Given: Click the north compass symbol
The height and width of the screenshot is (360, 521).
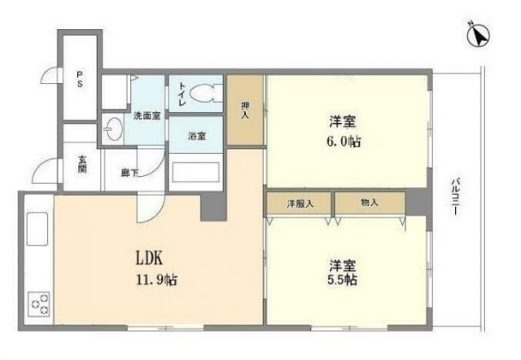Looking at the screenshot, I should pyautogui.click(x=479, y=35).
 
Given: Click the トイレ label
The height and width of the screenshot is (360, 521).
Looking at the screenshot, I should pyautogui.click(x=182, y=96).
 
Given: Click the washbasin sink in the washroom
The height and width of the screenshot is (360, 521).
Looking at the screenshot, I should pyautogui.click(x=112, y=131).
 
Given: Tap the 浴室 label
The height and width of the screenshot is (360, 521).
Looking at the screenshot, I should pyautogui.click(x=196, y=135).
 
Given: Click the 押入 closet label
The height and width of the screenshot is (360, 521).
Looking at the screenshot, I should pyautogui.click(x=244, y=110).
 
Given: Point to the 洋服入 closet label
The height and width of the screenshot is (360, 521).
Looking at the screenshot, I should pyautogui.click(x=299, y=202).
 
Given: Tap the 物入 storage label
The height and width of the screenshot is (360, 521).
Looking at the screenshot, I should pyautogui.click(x=369, y=202).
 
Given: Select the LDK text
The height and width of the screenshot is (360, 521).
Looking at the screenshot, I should pyautogui.click(x=150, y=259).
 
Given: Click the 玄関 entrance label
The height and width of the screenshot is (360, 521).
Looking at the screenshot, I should pyautogui.click(x=82, y=165).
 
